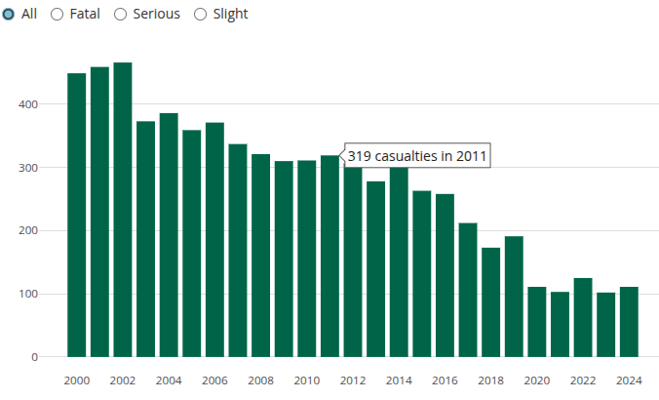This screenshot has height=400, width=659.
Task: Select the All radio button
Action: [8, 15]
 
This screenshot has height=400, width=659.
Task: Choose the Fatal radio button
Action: [57, 15]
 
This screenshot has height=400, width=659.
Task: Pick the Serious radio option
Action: [121, 15]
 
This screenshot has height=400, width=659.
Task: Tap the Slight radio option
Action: [201, 15]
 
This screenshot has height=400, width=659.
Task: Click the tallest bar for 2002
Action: [123, 210]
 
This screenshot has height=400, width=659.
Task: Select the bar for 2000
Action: [76, 215]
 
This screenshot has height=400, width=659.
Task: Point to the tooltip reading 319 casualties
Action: [416, 156]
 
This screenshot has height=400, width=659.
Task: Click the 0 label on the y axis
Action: [34, 358]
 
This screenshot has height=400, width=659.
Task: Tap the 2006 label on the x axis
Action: [214, 380]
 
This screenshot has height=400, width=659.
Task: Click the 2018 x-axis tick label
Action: [490, 380]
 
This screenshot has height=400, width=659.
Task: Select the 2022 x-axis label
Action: [583, 380]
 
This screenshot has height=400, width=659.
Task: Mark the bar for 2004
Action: [169, 235]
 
